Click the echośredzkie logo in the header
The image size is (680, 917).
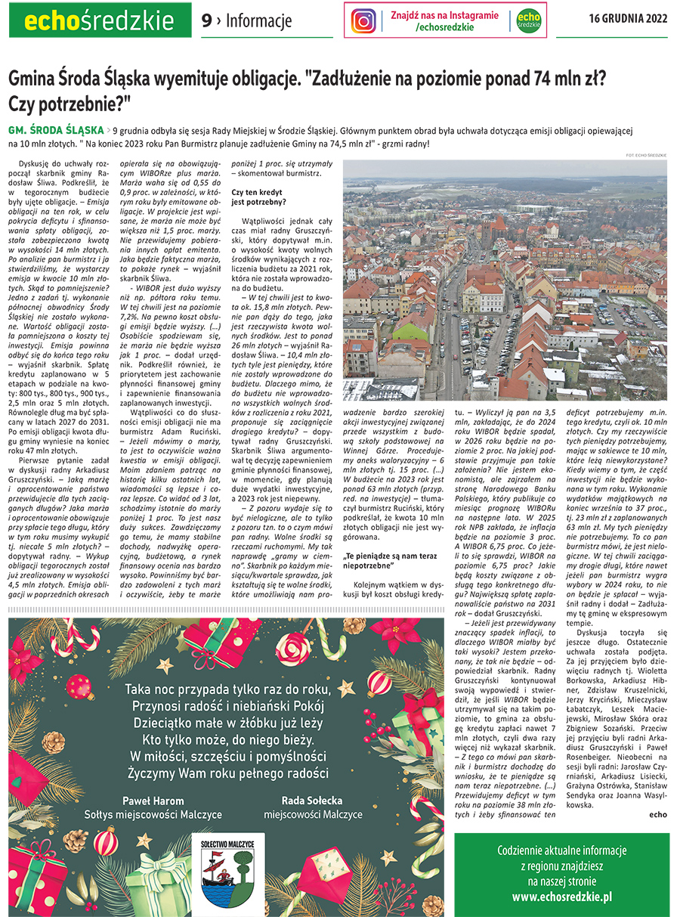[100, 20]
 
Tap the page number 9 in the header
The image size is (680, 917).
[206, 21]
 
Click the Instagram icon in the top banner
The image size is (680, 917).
[363, 20]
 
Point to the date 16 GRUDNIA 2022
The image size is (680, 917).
[628, 20]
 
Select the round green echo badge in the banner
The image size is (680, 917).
[529, 20]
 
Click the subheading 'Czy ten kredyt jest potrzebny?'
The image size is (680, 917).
[258, 197]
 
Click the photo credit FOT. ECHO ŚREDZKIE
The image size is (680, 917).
[646, 155]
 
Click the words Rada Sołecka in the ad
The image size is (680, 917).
[312, 800]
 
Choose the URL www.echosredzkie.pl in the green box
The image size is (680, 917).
[561, 897]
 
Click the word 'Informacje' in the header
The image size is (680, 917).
[259, 21]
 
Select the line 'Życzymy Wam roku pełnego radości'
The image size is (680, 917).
[227, 773]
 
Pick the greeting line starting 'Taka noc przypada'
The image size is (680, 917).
[227, 689]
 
